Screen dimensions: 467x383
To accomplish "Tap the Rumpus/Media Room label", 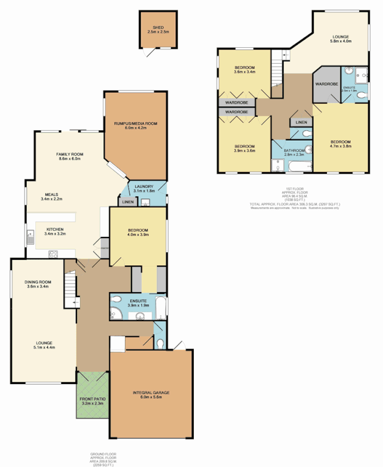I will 136,126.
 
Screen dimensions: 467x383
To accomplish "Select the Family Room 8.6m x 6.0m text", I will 70,156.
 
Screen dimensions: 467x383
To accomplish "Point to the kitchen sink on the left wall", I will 29,238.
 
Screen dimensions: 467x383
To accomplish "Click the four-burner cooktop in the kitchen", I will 54,253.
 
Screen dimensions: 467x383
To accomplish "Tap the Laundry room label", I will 143,189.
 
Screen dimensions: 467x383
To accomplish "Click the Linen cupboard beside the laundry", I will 127,202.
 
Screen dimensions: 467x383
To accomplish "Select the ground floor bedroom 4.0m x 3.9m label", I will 138,233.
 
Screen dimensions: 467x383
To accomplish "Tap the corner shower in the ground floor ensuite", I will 116,314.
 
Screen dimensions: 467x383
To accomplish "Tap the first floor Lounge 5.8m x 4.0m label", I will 342,39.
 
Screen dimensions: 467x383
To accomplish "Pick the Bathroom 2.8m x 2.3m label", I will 293,152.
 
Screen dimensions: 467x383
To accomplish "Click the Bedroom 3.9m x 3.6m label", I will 244,148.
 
